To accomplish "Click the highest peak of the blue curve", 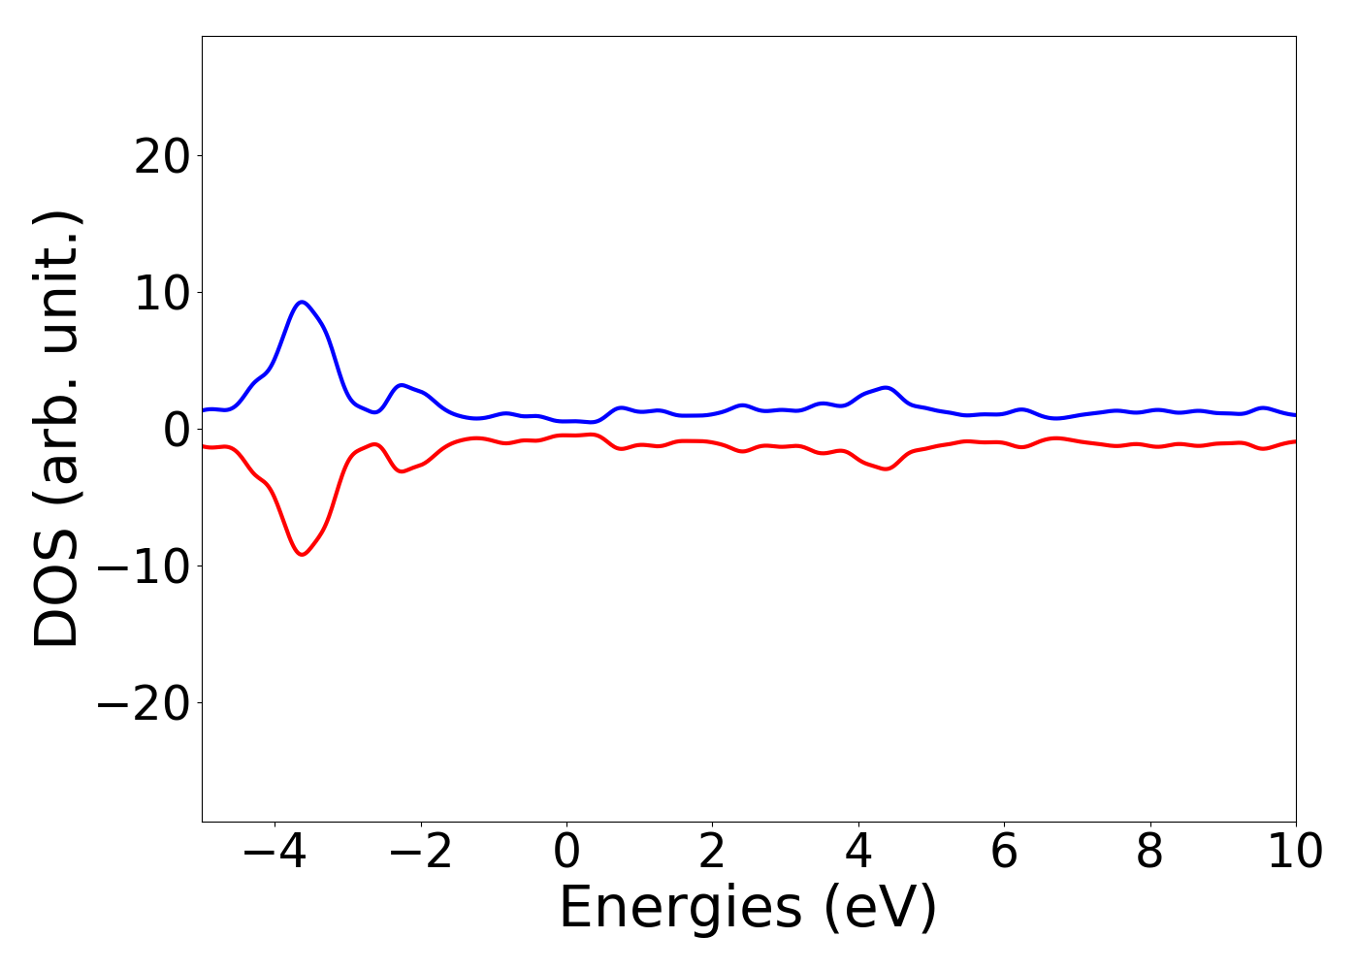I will point(303,302).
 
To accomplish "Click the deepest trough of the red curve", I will point(303,555).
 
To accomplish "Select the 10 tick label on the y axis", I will point(161,293).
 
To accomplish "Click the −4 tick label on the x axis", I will point(275,853).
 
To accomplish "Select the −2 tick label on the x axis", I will point(420,853).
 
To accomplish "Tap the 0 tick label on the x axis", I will point(566,853).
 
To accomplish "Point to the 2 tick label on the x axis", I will point(712,853).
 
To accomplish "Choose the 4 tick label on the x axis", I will point(858,853).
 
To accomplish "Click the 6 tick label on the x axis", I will point(1004,853).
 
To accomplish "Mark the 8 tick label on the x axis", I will point(1149,853).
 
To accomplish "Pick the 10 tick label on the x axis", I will point(1294,853).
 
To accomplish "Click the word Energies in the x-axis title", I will point(680,909).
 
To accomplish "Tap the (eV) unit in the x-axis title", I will point(880,909).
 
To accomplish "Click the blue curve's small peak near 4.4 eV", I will point(885,387).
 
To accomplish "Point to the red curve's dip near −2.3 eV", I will point(401,471).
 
